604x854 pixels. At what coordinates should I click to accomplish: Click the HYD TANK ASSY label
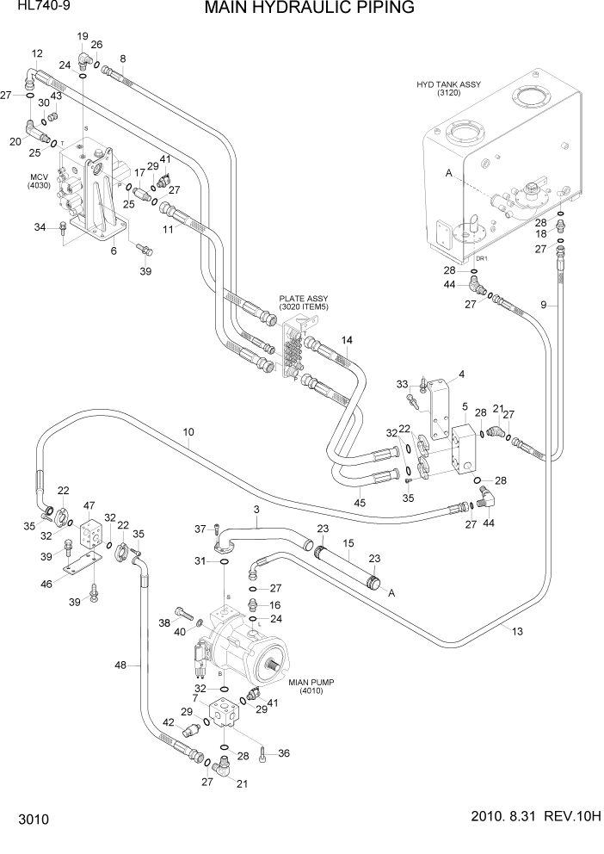448,88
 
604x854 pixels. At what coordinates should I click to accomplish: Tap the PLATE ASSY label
304,302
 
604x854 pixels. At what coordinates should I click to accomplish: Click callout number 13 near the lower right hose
517,631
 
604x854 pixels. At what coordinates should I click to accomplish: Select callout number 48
121,664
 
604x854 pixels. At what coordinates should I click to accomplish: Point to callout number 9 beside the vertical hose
543,304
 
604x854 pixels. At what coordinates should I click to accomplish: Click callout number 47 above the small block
89,505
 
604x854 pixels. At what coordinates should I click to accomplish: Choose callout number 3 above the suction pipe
256,511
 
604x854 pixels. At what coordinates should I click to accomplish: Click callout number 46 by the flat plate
46,584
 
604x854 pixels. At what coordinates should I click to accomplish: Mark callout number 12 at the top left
36,53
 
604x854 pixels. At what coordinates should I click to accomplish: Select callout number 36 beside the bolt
284,753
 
